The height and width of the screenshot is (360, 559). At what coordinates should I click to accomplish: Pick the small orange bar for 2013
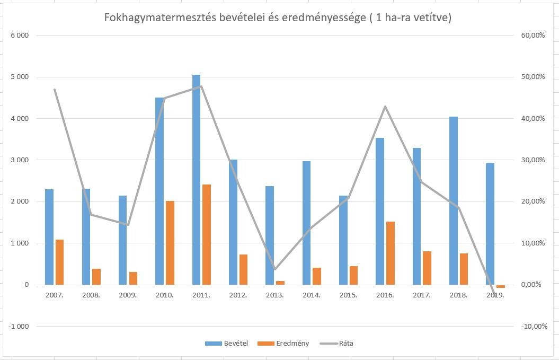pos(280,283)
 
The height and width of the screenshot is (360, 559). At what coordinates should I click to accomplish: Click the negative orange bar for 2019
pos(501,286)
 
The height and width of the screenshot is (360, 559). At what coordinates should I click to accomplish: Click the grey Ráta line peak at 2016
pos(385,107)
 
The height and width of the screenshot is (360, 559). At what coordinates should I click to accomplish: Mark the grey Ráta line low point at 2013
pos(274,269)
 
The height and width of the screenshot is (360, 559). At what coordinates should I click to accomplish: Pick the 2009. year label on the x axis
pos(128,295)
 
